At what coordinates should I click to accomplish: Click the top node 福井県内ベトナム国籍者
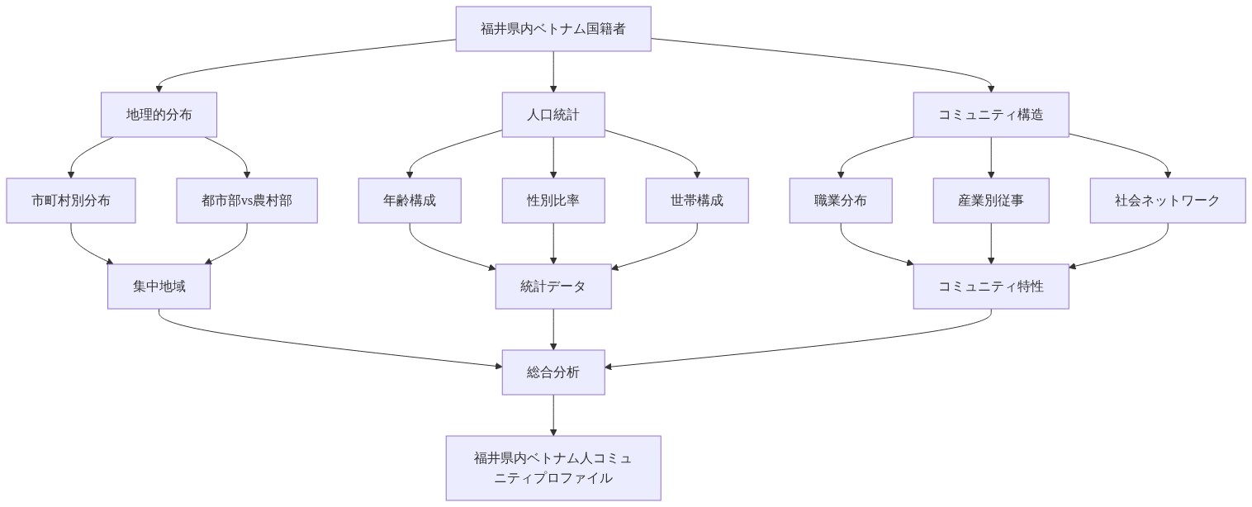coord(553,29)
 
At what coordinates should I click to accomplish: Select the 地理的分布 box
coord(159,115)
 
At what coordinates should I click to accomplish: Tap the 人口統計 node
coord(553,115)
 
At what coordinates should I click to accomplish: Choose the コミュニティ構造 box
coord(991,115)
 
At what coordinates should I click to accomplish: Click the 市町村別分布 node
coord(71,201)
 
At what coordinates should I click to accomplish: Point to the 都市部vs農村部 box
coord(247,201)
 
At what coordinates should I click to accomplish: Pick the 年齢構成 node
coord(410,201)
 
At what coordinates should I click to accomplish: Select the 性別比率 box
coord(553,201)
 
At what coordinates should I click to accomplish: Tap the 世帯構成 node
coord(697,201)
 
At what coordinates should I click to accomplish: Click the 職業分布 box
coord(841,201)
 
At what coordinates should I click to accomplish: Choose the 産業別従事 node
coord(991,201)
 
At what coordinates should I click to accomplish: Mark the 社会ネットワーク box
coord(1167,201)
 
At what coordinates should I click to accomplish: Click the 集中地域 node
coord(159,287)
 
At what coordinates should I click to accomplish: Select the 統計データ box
coord(553,287)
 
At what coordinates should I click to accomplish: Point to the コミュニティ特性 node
coord(991,287)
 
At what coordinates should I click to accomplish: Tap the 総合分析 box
coord(553,372)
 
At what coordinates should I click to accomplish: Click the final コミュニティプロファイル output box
coord(553,468)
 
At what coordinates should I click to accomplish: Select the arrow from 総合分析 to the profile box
coord(553,415)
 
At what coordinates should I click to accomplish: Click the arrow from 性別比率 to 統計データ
coord(553,244)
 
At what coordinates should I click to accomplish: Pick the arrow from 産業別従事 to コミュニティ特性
coord(991,244)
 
